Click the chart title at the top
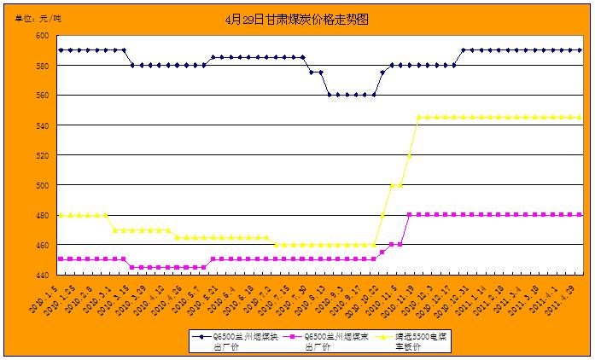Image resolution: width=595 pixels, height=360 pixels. (296, 19)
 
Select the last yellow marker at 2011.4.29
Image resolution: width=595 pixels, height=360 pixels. (580, 117)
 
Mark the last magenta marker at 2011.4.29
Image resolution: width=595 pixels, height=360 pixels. (580, 215)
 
